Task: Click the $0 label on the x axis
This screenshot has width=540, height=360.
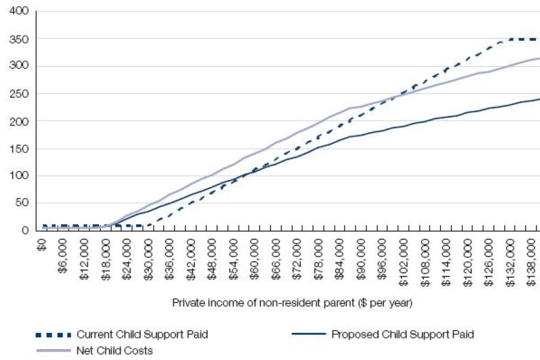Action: click(42, 244)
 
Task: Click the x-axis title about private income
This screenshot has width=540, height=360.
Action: click(292, 304)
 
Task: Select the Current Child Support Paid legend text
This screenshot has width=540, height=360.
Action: click(142, 334)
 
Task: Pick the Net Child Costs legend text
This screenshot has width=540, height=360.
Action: click(115, 351)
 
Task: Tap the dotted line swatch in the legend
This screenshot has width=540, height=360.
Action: click(54, 334)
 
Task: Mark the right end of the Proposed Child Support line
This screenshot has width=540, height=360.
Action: click(539, 99)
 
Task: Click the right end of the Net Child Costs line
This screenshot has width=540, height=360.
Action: click(539, 58)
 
